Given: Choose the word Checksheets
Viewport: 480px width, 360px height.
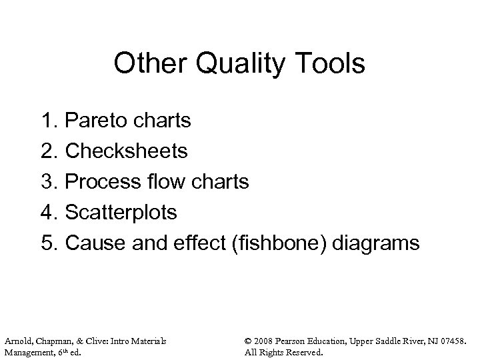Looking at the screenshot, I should point(126,151).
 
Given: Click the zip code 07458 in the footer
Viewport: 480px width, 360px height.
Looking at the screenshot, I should point(449,341).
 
